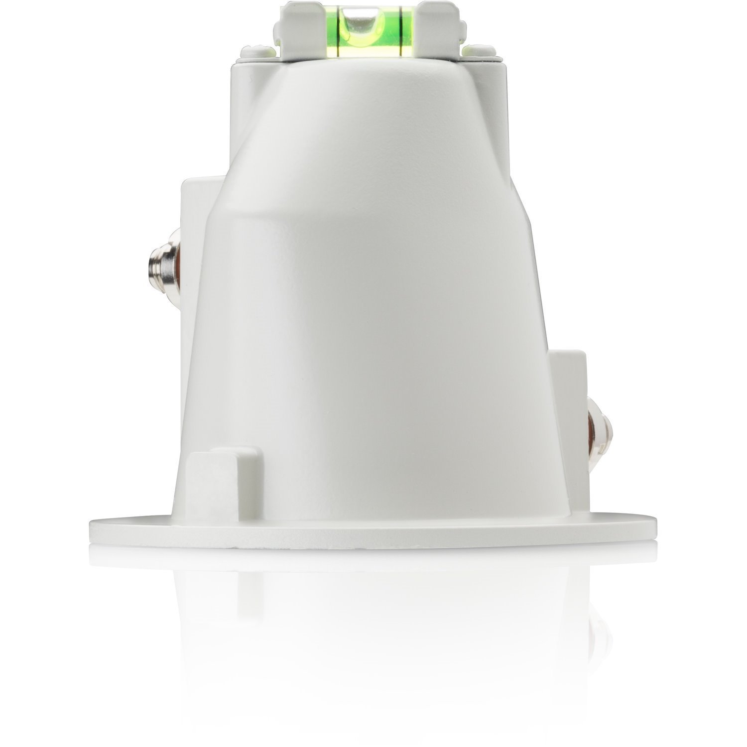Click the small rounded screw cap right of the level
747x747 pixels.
click(479, 49)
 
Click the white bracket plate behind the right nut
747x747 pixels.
click(568, 373)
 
